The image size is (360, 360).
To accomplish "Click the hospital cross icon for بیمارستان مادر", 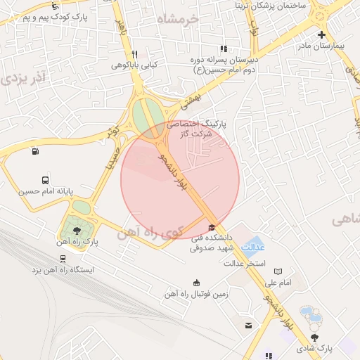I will [x=322, y=34].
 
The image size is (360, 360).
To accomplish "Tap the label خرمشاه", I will [x=179, y=19].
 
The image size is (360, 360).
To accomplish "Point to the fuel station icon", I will [x=35, y=150].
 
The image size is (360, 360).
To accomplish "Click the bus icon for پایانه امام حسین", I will [x=46, y=180].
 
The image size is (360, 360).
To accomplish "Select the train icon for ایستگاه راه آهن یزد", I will [x=63, y=258].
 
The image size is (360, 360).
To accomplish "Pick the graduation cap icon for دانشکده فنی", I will [x=212, y=226].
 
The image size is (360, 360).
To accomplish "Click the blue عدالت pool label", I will [x=253, y=247].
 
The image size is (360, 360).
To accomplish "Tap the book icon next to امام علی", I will [x=278, y=271].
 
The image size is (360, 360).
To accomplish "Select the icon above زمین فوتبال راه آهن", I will [x=196, y=283].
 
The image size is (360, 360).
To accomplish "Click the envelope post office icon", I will [x=248, y=325].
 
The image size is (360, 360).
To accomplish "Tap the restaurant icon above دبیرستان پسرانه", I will [x=224, y=49].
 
